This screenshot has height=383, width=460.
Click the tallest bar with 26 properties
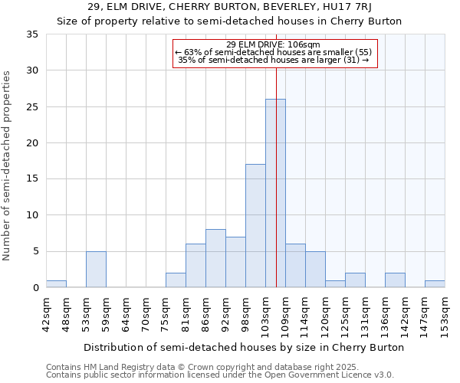(x=275, y=193)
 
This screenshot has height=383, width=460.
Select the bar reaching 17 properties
(x=255, y=226)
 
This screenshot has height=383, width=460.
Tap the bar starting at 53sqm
(x=96, y=269)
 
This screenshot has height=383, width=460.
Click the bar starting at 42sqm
(x=56, y=283)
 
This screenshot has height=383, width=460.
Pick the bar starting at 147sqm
(x=435, y=283)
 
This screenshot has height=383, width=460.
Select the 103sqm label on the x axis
(x=266, y=314)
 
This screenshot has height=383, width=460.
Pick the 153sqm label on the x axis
(x=445, y=314)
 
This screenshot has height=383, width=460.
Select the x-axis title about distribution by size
(x=244, y=347)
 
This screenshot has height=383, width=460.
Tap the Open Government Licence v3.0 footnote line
(x=220, y=375)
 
